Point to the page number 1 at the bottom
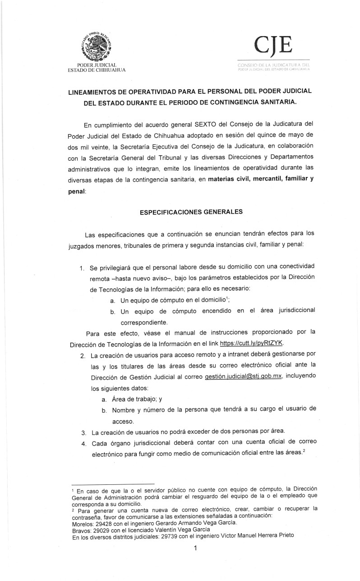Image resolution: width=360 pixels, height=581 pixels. coord(195,548)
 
